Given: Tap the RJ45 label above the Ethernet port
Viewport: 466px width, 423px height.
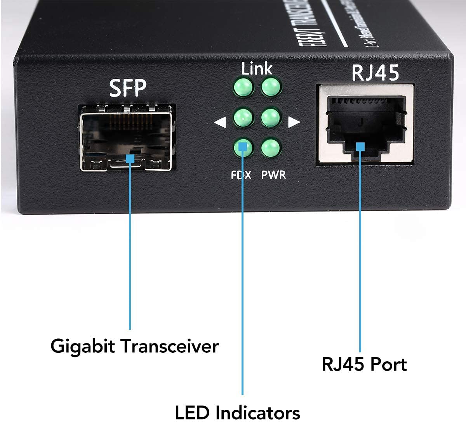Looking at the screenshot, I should (x=375, y=73).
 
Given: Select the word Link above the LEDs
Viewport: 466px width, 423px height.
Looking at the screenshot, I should (x=257, y=69).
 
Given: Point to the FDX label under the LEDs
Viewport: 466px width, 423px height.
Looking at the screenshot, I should (x=241, y=175).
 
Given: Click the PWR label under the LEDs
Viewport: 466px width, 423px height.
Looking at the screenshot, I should (x=273, y=175).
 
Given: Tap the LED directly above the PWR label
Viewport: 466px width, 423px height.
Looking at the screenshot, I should (x=271, y=148).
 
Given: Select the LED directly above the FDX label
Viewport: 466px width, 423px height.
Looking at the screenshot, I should (x=243, y=147).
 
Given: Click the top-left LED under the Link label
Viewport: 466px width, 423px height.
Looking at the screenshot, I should (x=243, y=87).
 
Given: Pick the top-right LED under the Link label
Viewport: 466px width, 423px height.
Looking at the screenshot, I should (x=271, y=87).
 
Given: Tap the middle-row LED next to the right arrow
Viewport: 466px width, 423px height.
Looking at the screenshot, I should (x=271, y=117).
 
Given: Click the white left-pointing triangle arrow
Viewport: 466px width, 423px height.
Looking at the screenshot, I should (x=220, y=123).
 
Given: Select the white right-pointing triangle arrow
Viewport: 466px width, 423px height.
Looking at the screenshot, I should (x=294, y=123).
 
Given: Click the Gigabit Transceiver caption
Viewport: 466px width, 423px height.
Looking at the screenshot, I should (x=134, y=346).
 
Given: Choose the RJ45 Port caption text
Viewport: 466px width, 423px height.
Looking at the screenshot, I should (x=364, y=364).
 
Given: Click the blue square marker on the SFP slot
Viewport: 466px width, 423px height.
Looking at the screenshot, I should (x=130, y=158).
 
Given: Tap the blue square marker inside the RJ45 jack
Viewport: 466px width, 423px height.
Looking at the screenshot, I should (x=360, y=146).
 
